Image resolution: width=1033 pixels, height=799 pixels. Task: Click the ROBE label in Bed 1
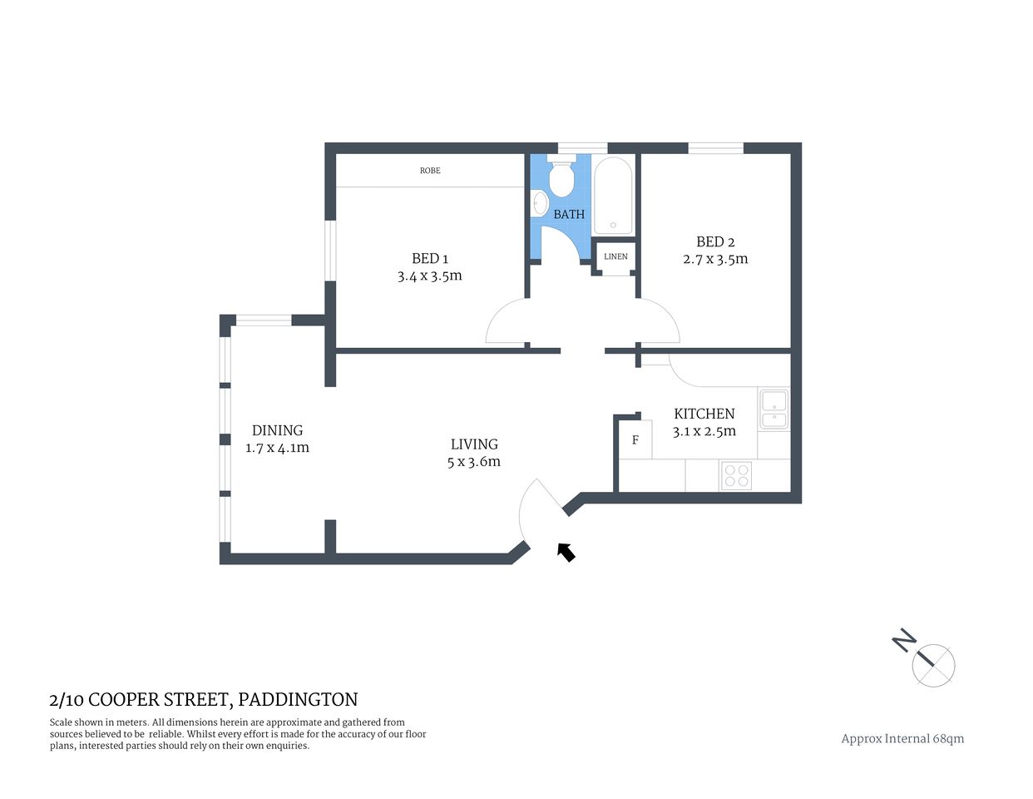pos(430,171)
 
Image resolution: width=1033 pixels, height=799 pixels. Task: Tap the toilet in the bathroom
pos(562,176)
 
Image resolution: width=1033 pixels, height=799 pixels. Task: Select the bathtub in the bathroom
pos(613,196)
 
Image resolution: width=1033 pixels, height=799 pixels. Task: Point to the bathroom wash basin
pos(539,202)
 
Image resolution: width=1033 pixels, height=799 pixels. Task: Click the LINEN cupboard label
pos(615,256)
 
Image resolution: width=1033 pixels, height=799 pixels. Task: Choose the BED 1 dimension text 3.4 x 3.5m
pos(429,276)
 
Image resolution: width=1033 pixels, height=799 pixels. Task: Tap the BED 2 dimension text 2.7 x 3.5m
pos(715,259)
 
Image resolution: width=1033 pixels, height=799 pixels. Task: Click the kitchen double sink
pos(774,409)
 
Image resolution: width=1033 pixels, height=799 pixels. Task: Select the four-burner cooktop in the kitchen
pos(736,475)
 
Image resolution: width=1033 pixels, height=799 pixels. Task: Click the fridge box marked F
pos(635,440)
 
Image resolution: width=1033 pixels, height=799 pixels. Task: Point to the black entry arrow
pos(566,552)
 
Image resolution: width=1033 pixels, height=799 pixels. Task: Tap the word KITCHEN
pos(704,414)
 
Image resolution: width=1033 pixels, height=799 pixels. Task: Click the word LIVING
pos(474,444)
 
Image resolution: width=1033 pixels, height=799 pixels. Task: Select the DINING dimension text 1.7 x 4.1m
pos(277,448)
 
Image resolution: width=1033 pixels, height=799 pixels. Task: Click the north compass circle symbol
pos(933,665)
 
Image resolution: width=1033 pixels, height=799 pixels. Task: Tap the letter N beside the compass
pos(904,640)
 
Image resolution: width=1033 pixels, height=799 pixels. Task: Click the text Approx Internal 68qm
pos(902,738)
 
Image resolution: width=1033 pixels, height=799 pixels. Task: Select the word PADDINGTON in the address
pos(298,700)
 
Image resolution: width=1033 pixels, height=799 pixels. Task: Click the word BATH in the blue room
pos(569,215)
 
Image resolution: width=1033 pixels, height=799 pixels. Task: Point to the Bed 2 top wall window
pos(715,148)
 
